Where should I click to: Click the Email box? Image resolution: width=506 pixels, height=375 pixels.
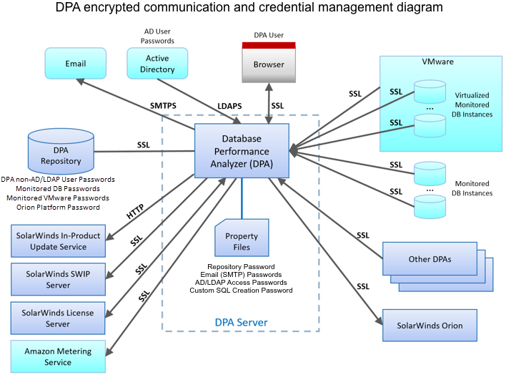pos(76,64)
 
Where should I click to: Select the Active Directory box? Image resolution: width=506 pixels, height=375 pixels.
pos(157,64)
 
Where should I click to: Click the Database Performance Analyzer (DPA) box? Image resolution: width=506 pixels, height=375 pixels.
pos(242,151)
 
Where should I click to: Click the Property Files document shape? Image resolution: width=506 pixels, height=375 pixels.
pos(242,241)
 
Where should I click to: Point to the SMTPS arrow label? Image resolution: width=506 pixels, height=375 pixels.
pos(163,105)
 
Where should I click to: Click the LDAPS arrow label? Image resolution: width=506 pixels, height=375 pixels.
pos(229,106)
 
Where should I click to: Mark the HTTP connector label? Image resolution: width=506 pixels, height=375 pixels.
pos(136,213)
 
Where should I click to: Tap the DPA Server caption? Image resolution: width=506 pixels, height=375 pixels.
pos(241,323)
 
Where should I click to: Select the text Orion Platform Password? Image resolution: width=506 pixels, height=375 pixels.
pos(57,207)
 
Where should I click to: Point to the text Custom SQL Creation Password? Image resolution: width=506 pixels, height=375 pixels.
pos(242,290)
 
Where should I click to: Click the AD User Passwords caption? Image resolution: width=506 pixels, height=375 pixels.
pos(157,37)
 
